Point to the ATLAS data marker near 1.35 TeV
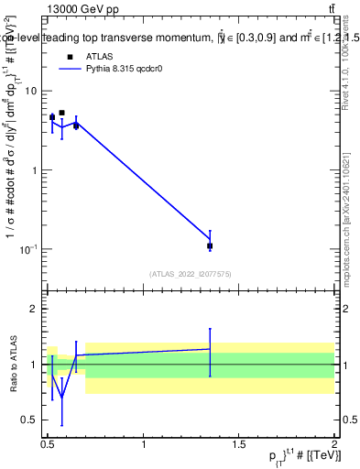(210, 245)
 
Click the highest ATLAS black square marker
(61, 114)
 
